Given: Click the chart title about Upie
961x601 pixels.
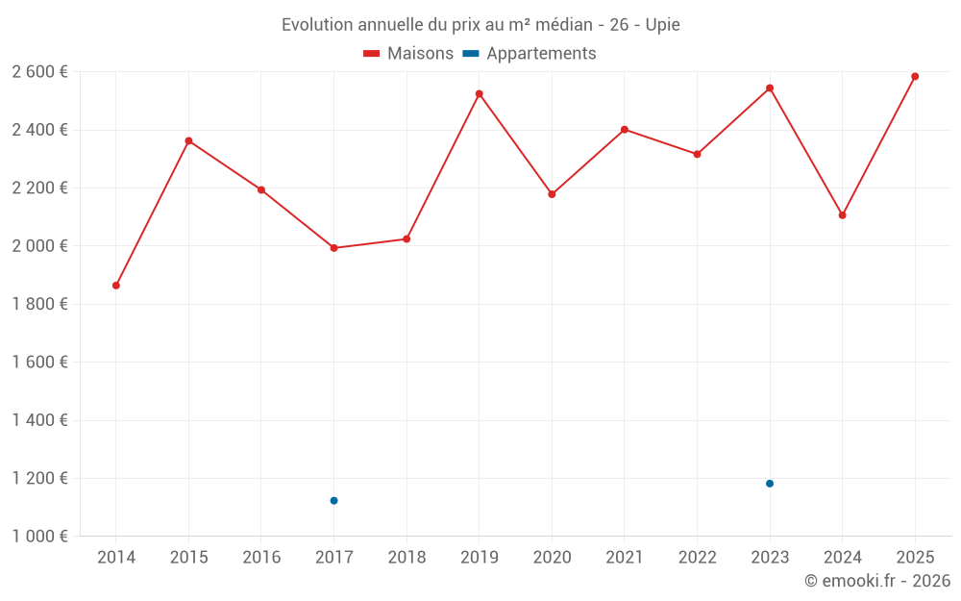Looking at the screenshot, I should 480,25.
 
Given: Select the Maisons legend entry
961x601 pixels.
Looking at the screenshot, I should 408,54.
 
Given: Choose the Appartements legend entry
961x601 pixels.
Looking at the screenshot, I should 530,54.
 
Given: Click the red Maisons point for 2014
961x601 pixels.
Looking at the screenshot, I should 116,286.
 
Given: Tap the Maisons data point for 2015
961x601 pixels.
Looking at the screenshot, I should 188,141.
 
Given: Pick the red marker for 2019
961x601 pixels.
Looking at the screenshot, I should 480,94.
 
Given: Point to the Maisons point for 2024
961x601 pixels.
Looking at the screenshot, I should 842,215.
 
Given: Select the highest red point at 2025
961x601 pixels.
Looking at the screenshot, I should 915,77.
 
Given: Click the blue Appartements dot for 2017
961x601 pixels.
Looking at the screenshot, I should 333,501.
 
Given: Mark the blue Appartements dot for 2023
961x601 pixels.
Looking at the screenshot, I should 770,484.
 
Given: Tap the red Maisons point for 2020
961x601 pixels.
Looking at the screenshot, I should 552,194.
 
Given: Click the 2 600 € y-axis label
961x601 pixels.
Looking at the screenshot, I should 39,72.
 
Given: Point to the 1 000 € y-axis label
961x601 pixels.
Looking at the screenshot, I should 39,537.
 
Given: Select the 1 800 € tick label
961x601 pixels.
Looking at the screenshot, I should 39,304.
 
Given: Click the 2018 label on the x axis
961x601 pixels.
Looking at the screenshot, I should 407,558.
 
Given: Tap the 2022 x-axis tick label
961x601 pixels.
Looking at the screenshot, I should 697,558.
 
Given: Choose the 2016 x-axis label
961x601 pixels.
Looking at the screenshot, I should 261,558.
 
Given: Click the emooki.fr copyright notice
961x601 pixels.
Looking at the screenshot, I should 876,581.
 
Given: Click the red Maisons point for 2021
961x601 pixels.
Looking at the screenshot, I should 625,130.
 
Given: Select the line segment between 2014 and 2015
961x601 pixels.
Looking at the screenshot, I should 152,213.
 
